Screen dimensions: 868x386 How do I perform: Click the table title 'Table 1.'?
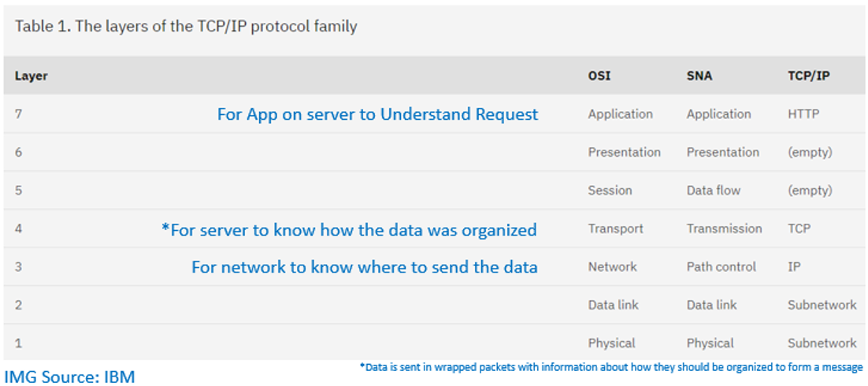(x=42, y=27)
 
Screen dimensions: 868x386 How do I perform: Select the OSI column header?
(x=599, y=76)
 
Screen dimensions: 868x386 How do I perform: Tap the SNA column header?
(x=699, y=76)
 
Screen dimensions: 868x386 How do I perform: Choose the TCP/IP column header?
(x=809, y=76)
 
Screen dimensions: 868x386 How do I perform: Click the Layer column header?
(x=31, y=76)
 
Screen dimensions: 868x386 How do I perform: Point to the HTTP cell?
(x=803, y=114)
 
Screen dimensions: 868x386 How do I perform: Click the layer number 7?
(x=18, y=114)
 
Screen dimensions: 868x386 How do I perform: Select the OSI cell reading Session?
(x=610, y=191)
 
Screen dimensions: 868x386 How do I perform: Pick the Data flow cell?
(x=714, y=191)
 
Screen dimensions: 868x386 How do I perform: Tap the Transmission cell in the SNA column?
(x=725, y=228)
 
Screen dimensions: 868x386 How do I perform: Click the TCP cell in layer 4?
(x=799, y=228)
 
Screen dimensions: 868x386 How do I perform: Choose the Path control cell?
(x=721, y=267)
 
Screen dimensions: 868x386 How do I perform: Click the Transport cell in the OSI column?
(x=616, y=228)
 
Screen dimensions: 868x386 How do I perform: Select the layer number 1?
(x=18, y=343)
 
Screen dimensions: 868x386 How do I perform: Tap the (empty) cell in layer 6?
(x=810, y=152)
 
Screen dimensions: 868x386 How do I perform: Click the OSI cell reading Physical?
(x=612, y=343)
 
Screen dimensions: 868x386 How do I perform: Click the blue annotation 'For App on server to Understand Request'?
(x=377, y=114)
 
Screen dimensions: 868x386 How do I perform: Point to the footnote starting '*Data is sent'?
(x=610, y=366)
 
